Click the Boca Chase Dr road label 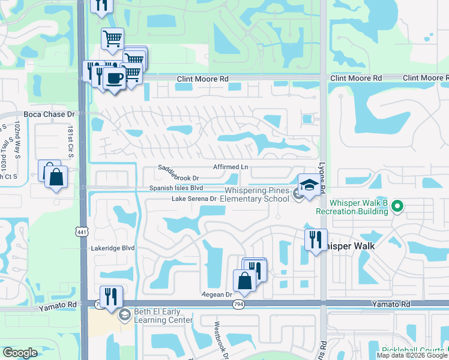click(x=49, y=113)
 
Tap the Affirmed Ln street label click(x=231, y=167)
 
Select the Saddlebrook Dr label click(x=178, y=173)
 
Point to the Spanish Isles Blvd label click(x=172, y=188)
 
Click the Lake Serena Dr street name click(x=194, y=199)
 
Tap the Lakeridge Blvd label click(x=113, y=247)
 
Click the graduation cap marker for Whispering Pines click(x=310, y=184)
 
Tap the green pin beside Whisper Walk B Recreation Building click(x=396, y=207)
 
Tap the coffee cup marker click(x=113, y=77)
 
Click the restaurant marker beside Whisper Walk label click(x=316, y=239)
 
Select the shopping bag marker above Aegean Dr click(x=244, y=280)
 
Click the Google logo click(x=20, y=353)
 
